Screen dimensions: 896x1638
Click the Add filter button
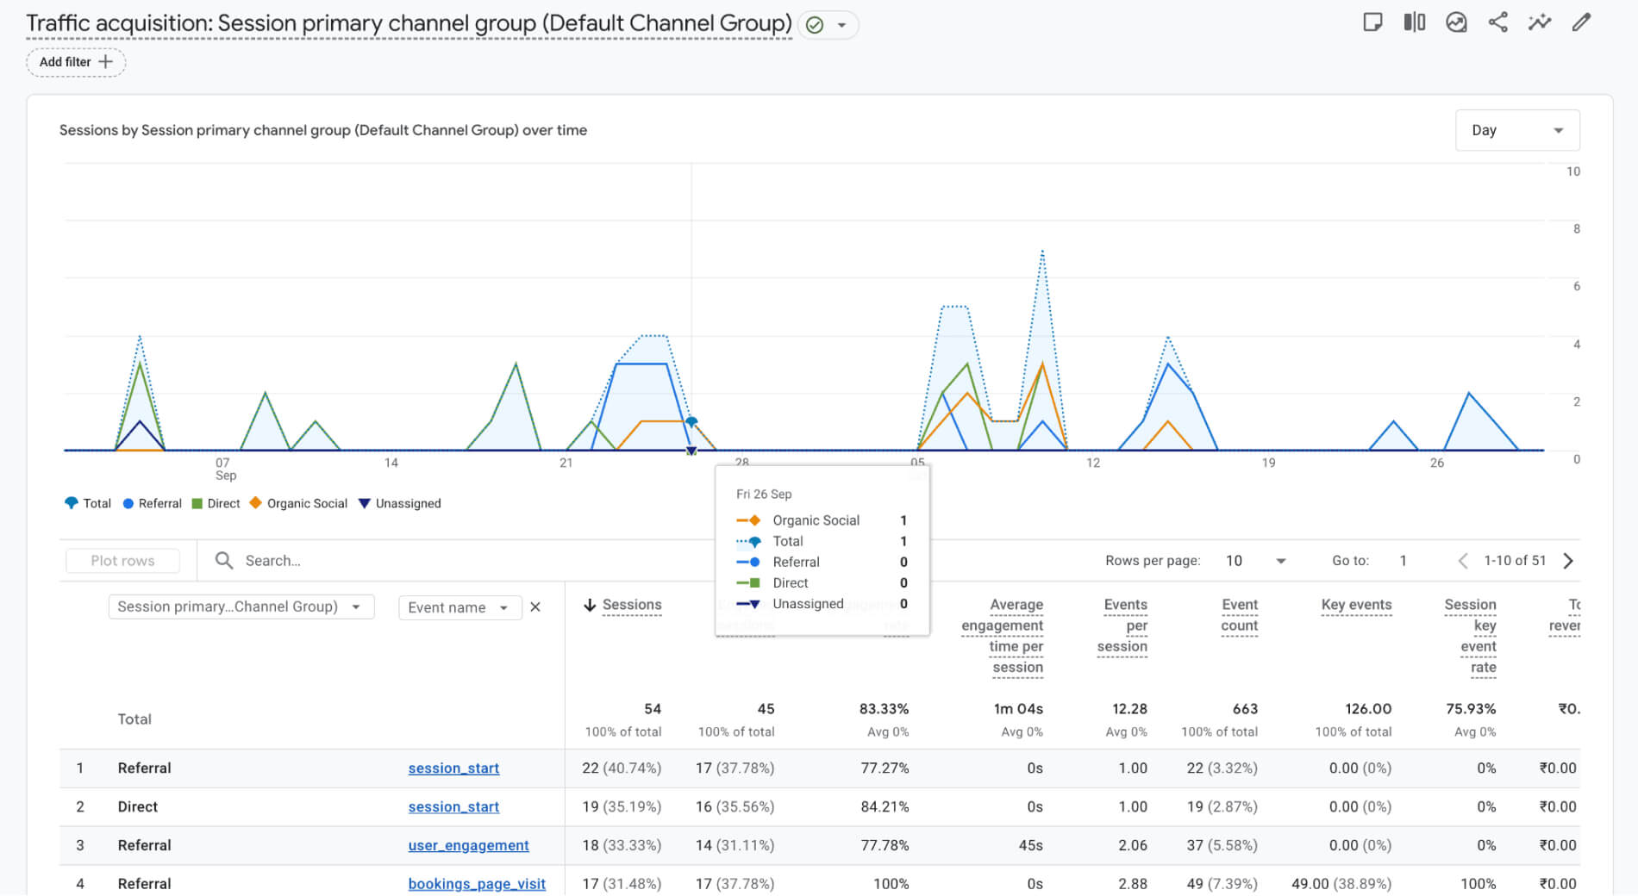click(x=76, y=62)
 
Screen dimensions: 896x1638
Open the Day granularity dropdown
click(x=1516, y=130)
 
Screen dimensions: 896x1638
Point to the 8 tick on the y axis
click(x=1576, y=228)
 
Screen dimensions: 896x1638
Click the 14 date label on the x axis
click(x=391, y=463)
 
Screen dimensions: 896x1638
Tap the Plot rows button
click(x=122, y=561)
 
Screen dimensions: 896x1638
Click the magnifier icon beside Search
click(x=224, y=561)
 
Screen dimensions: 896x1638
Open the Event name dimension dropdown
click(x=459, y=607)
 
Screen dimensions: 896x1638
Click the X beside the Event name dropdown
click(x=535, y=607)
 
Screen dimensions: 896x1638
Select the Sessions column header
click(x=631, y=605)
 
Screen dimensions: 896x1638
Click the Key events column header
click(x=1356, y=605)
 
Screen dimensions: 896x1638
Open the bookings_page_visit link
click(x=477, y=884)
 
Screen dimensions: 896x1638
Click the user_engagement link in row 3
click(x=468, y=845)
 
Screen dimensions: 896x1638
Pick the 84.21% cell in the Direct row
click(x=885, y=806)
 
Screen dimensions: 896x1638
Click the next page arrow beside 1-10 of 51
click(x=1568, y=561)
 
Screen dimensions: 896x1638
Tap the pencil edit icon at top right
click(x=1581, y=22)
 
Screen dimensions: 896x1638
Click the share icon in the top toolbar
click(x=1498, y=22)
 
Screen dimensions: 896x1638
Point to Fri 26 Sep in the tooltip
click(x=764, y=494)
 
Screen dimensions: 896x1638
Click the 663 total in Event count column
click(x=1245, y=709)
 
